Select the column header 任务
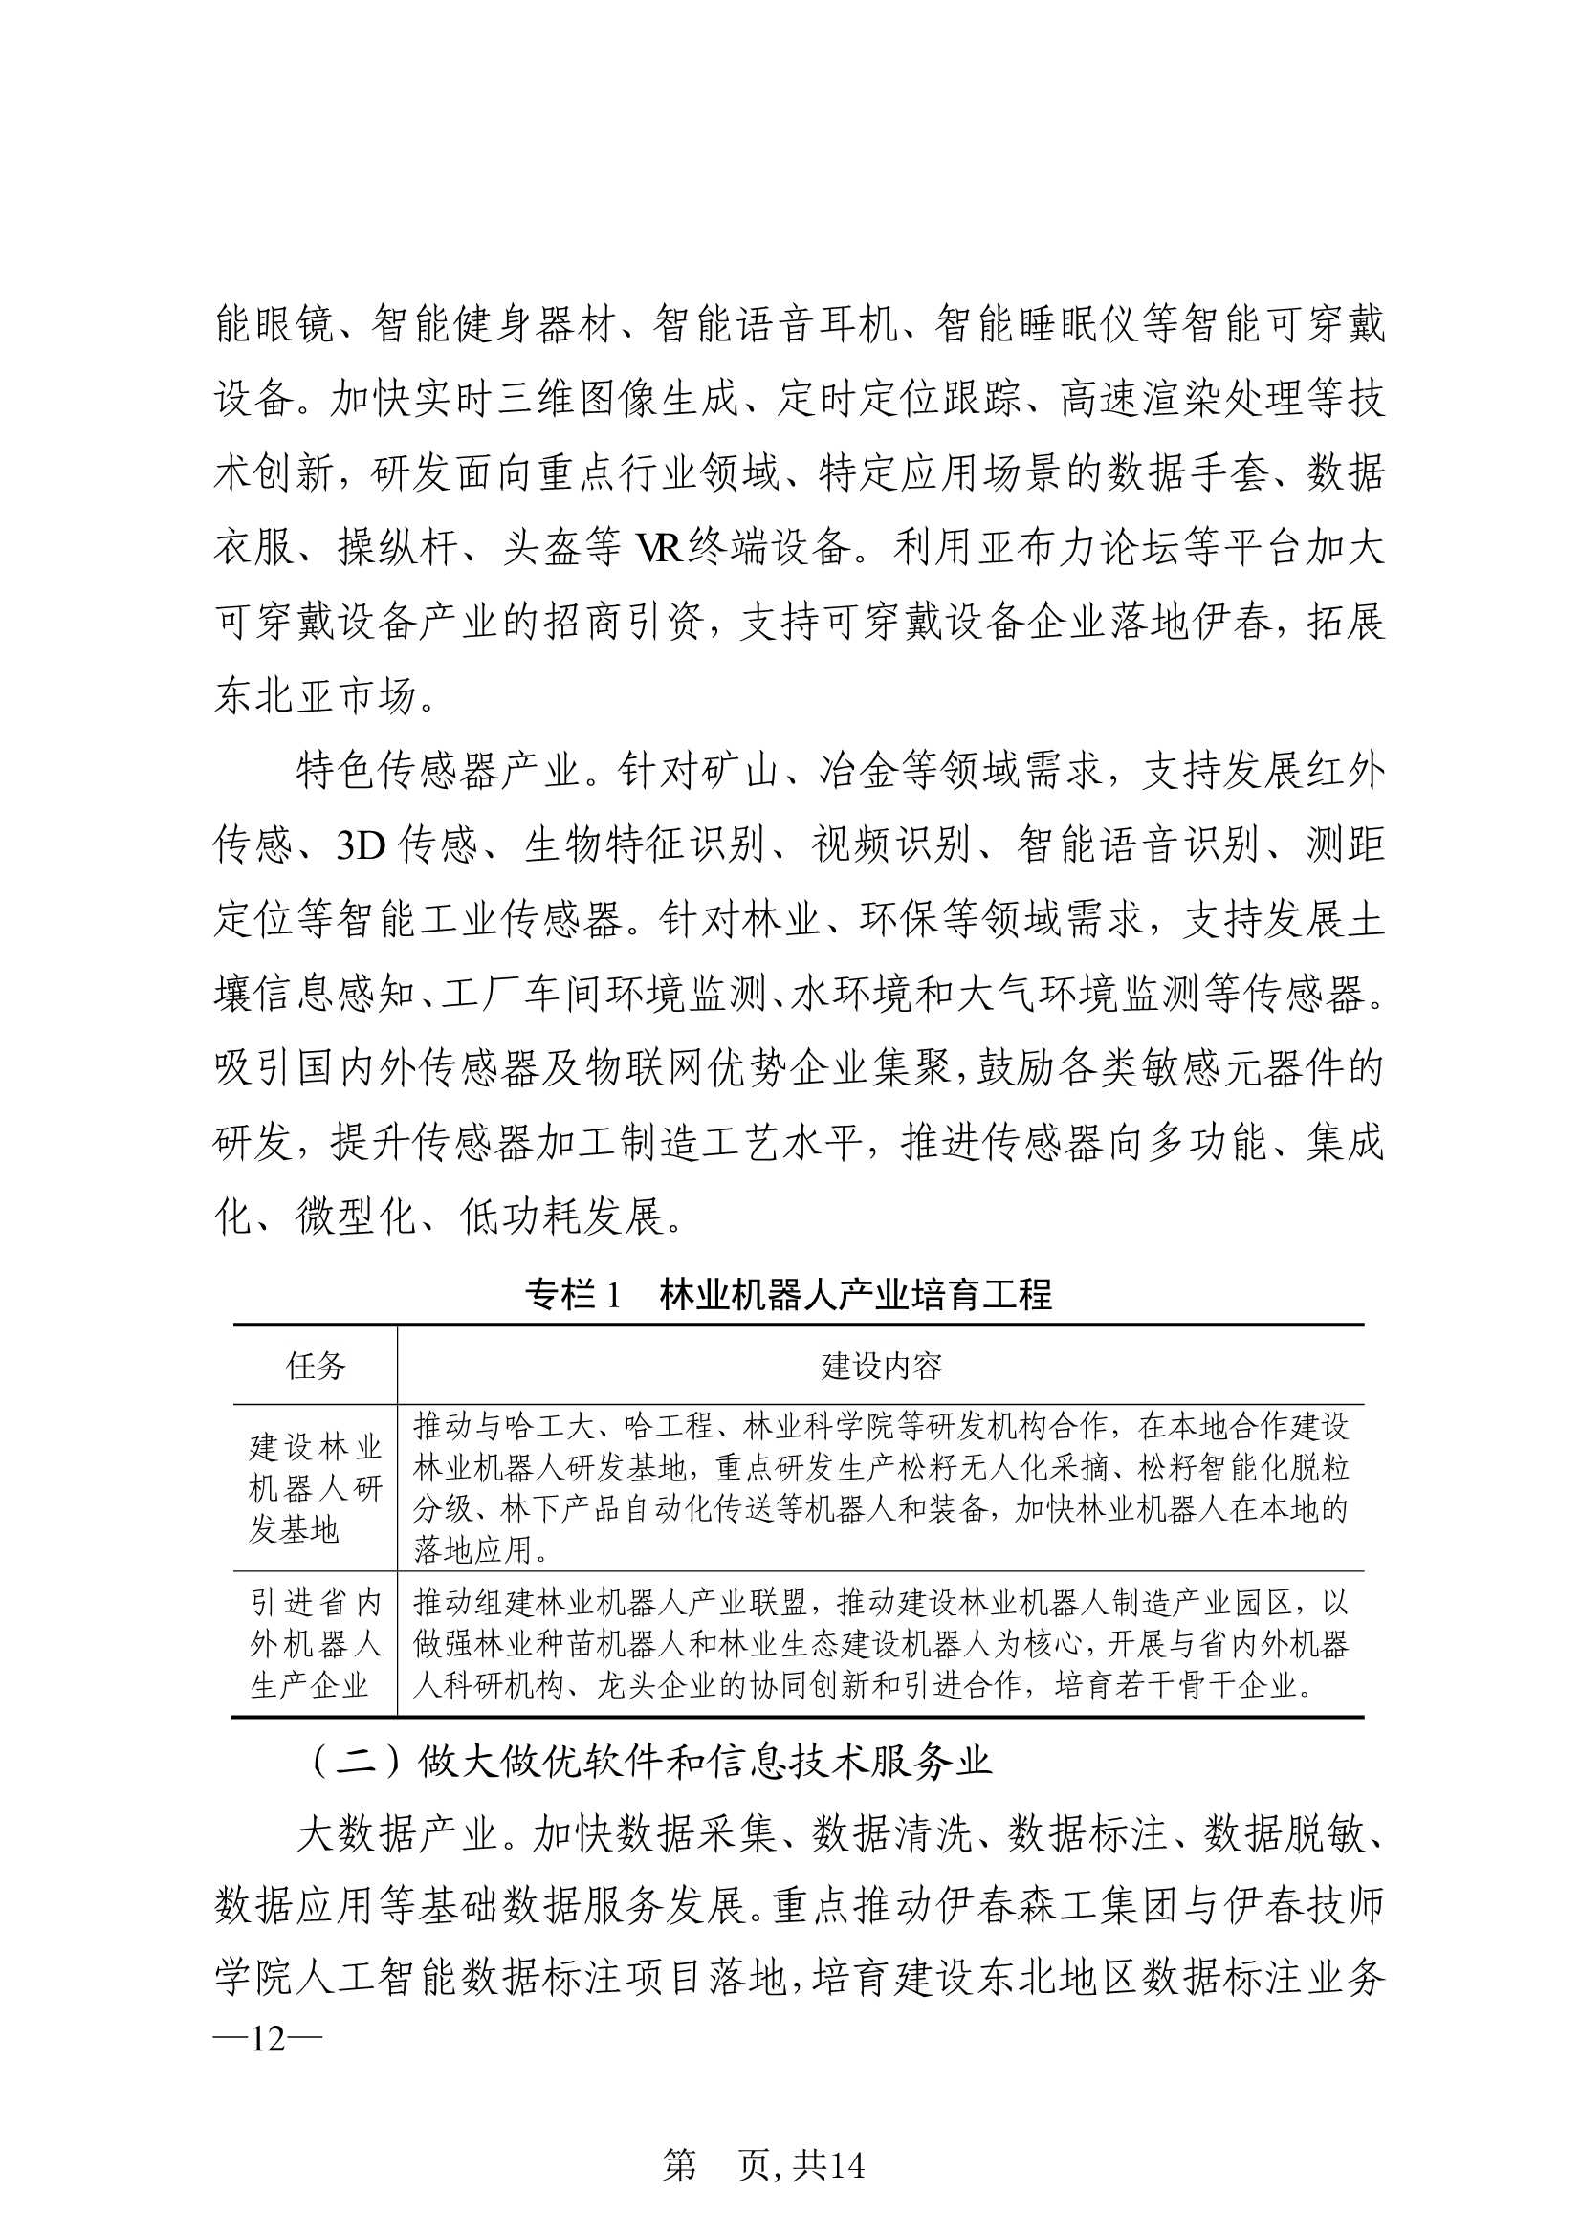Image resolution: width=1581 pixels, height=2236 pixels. pos(316,1367)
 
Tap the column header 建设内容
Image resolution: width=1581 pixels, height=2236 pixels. pos(881,1367)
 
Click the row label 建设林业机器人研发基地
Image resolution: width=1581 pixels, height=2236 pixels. pos(316,1488)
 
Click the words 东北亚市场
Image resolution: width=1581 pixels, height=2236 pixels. pos(316,697)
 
